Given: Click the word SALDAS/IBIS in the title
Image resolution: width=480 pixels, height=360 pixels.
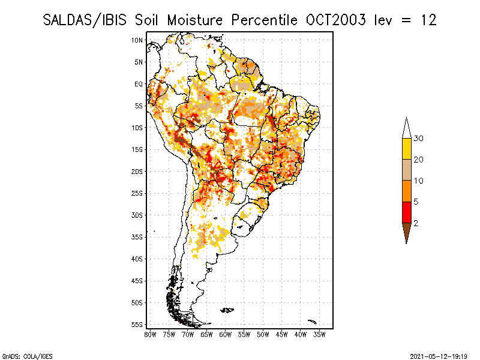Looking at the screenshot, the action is point(85,20).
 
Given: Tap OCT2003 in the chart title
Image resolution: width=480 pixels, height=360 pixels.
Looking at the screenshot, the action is point(336,20).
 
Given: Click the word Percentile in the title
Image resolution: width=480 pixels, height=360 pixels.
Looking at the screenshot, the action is point(264,20).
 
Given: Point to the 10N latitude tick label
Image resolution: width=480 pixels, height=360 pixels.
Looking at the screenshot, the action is point(137,40).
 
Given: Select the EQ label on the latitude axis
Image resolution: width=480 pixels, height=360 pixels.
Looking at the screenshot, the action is point(139,84).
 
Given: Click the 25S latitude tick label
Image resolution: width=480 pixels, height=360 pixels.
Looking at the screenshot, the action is point(137,193).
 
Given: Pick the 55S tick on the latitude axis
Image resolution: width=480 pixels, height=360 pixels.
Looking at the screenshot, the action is point(137,325).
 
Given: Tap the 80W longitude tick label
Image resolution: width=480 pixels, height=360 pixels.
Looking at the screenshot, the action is point(150,335).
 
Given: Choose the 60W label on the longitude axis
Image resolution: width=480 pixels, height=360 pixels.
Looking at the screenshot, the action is point(226,335).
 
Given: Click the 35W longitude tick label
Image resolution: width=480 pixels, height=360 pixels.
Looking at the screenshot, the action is point(319,335).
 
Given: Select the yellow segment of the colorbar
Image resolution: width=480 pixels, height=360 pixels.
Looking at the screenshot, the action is point(407,149).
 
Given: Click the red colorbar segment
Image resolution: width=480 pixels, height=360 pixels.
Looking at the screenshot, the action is point(407,212).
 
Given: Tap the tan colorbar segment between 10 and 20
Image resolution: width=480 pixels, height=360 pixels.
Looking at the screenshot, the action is point(407,170).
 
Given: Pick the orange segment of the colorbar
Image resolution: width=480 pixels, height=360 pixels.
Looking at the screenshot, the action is point(407,191).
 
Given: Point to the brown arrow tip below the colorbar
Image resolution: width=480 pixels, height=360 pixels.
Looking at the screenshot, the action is point(407,244).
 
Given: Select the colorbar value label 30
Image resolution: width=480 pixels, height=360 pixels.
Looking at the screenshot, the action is point(418,139).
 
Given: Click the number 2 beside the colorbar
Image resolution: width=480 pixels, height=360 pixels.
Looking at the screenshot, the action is point(416,223).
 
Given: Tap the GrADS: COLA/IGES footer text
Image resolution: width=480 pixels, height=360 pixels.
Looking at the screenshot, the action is point(27,356).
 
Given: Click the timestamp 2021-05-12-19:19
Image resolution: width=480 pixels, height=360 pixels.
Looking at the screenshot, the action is point(439,356).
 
